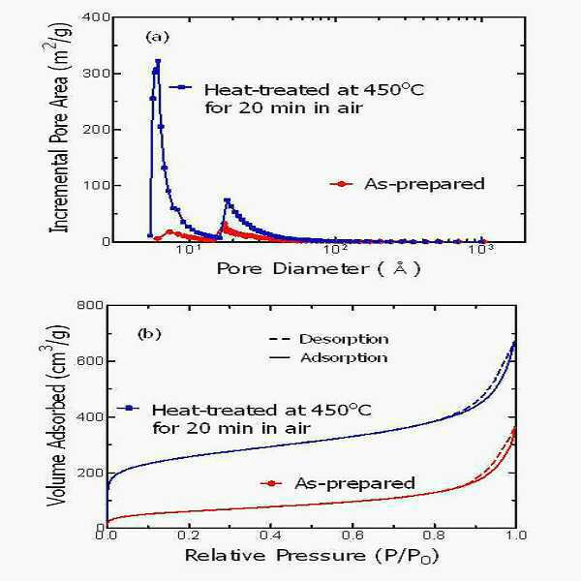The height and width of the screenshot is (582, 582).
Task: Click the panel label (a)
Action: click(158, 37)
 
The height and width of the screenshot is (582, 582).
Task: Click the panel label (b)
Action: click(149, 334)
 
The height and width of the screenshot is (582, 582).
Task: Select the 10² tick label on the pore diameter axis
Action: click(335, 250)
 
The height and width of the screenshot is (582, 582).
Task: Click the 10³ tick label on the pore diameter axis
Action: click(481, 250)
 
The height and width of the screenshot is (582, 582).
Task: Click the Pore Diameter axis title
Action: click(319, 268)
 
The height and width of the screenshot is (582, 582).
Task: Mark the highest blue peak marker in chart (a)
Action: click(158, 61)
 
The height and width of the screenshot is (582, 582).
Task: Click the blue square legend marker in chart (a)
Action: click(181, 87)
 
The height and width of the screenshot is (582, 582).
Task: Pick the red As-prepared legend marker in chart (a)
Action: click(342, 184)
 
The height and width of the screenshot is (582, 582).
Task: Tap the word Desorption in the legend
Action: click(344, 339)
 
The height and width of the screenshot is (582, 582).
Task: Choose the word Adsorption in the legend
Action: click(344, 357)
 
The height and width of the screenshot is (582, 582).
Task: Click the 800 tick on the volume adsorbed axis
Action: click(89, 305)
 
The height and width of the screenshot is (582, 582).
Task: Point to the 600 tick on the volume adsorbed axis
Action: click(89, 361)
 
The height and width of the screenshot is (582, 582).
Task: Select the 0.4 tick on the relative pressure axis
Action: click(270, 535)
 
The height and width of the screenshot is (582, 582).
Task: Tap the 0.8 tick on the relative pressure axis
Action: click(434, 535)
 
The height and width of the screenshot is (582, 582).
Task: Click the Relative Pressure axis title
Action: click(312, 556)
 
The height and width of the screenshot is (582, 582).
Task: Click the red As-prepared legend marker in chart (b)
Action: click(272, 483)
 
